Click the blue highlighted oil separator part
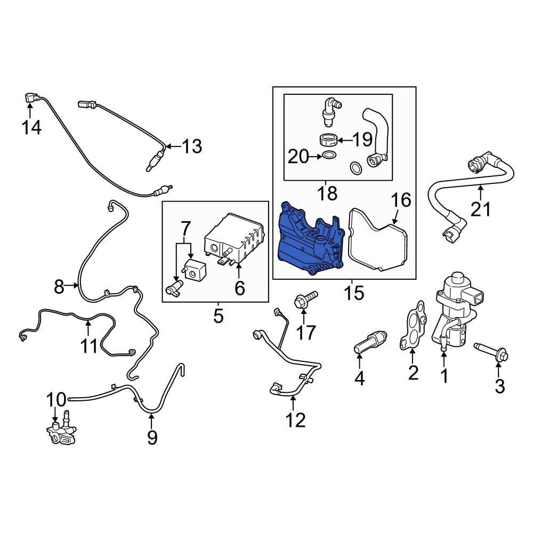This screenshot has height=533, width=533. tap(309, 243)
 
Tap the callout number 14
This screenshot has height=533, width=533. tap(31, 128)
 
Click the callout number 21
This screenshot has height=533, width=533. tap(481, 209)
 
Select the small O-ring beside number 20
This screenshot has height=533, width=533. tap(329, 156)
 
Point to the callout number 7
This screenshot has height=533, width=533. tap(185, 229)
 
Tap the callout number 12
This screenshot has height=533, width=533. tap(295, 420)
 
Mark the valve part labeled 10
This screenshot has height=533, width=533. tap(60, 431)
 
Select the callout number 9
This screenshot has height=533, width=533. tap(152, 437)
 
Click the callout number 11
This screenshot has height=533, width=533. tap(89, 346)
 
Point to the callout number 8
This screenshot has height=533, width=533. tap(59, 287)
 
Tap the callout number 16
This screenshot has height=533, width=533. tap(401, 200)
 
